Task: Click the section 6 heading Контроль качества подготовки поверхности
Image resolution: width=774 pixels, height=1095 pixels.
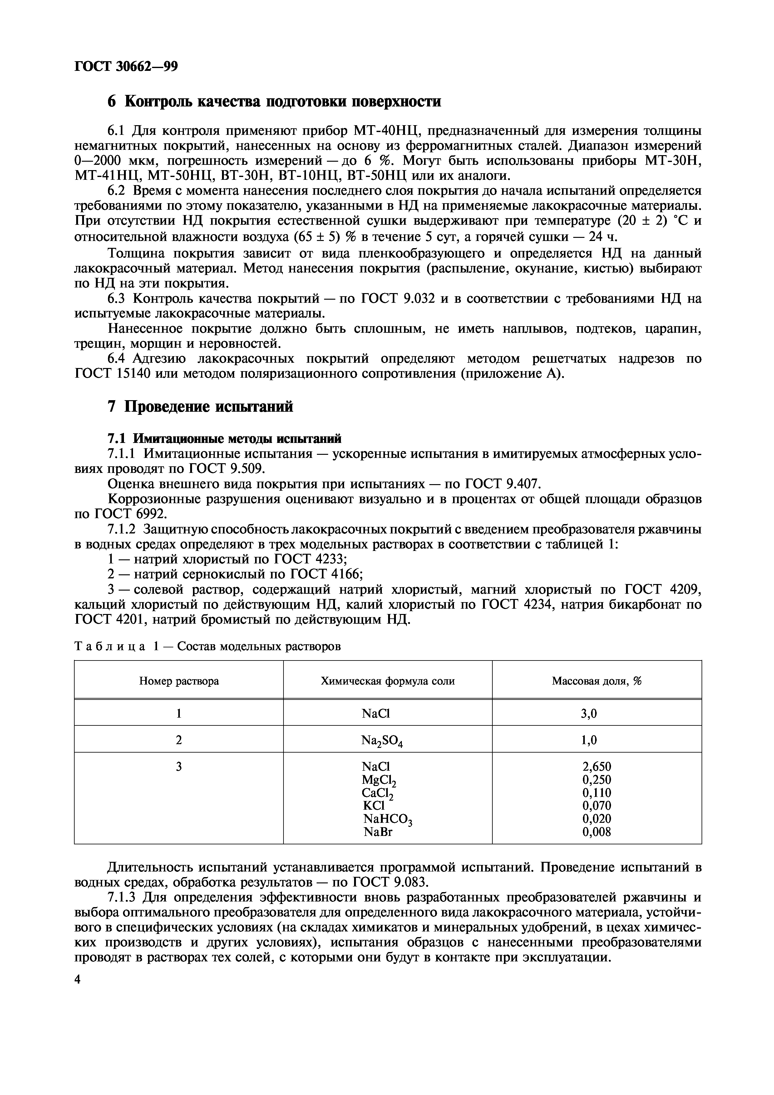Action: tap(274, 101)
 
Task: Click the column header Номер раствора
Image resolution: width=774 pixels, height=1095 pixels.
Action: tap(179, 681)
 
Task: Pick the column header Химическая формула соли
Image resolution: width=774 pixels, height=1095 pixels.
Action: tap(388, 681)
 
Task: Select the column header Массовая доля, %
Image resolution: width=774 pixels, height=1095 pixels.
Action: tap(597, 681)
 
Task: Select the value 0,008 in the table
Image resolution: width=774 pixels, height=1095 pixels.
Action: tap(597, 832)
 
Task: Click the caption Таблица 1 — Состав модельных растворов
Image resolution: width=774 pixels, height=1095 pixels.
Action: tap(208, 647)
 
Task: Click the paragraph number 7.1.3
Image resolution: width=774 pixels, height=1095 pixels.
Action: tap(121, 897)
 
